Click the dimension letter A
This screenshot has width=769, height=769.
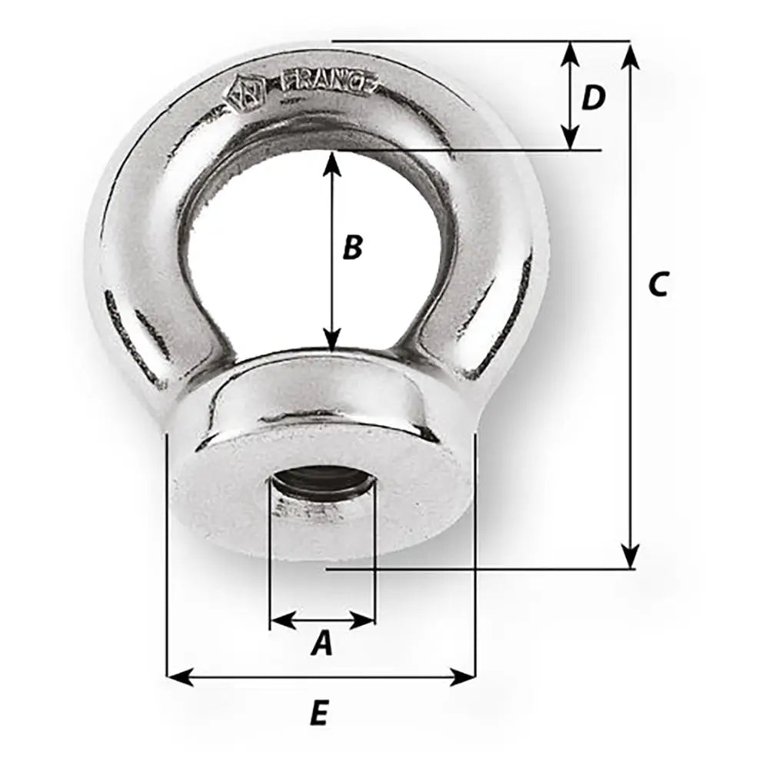321,644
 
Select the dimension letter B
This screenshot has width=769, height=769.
351,248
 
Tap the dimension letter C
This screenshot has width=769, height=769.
657,284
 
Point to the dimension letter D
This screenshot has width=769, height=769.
593,98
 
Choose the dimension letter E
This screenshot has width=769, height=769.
319,715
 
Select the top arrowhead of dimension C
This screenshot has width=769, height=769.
631,54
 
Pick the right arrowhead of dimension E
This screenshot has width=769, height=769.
464,677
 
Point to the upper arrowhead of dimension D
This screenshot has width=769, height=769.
570,52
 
